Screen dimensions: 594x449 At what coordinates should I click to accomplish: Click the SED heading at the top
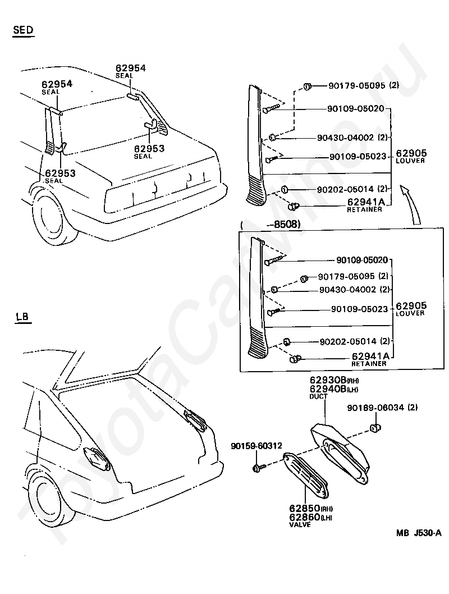tap(23, 30)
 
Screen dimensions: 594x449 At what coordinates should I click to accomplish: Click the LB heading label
tap(22, 317)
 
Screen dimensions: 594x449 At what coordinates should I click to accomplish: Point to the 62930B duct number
tap(327, 381)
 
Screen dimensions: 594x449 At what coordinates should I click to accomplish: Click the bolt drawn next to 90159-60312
tap(256, 467)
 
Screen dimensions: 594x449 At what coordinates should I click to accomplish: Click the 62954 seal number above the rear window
tap(130, 68)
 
